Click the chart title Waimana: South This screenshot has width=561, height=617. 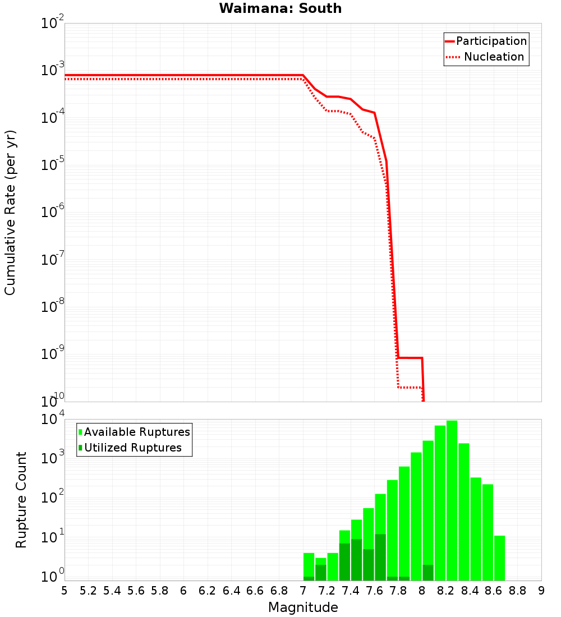click(280, 8)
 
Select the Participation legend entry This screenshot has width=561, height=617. click(491, 42)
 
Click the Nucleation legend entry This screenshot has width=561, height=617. click(493, 57)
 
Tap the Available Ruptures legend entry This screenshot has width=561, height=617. click(136, 432)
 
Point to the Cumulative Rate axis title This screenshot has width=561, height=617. click(10, 213)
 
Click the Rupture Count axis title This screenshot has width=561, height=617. click(21, 500)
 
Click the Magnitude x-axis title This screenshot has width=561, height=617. click(303, 607)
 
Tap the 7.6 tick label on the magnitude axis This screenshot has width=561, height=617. click(374, 591)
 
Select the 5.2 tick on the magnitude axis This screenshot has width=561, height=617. click(88, 591)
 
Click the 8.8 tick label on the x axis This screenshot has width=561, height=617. click(517, 591)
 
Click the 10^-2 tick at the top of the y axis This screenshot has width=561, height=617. click(53, 24)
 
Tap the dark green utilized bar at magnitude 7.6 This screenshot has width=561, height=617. click(380, 557)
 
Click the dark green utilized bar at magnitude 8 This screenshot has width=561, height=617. click(427, 572)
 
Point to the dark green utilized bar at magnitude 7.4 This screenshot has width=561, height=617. click(356, 559)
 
